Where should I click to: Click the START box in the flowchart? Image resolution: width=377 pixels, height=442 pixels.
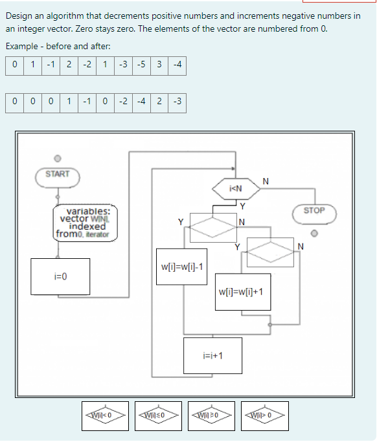[57, 175]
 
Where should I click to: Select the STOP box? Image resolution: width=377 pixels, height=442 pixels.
[314, 211]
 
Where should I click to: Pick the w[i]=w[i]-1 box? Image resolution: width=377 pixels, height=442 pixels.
[182, 266]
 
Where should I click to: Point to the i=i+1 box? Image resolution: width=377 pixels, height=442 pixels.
[213, 355]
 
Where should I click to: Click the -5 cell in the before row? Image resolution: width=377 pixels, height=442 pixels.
[143, 65]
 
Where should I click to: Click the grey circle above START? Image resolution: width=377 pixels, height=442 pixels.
[57, 158]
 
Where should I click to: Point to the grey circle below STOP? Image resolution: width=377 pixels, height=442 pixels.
[314, 234]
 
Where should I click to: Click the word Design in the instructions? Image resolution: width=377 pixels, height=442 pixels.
[20, 16]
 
